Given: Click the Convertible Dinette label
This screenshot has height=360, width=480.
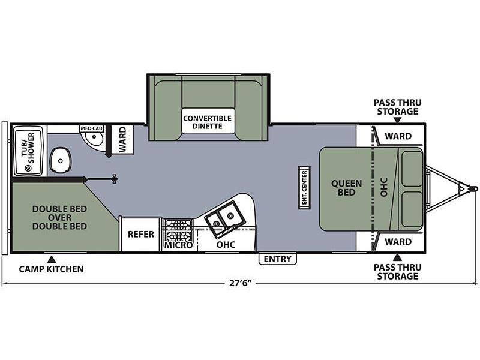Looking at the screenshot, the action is (207, 122).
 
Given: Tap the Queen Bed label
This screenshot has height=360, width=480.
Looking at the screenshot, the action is (347, 188).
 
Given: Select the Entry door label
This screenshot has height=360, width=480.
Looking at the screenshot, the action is (278, 259).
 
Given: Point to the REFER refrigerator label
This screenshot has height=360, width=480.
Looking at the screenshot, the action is (141, 234).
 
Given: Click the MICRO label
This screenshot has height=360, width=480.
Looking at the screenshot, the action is (178, 245).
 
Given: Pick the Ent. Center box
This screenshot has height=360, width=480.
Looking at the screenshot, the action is (304, 188).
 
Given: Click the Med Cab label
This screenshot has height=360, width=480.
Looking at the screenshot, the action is (91, 128).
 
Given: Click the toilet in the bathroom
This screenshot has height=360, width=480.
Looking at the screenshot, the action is (61, 160).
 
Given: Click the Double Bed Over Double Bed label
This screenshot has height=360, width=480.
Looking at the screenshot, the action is (59, 218).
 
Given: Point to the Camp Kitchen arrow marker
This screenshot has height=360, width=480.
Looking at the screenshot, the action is (52, 259).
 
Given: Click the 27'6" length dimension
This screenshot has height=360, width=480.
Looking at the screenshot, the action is (241, 283).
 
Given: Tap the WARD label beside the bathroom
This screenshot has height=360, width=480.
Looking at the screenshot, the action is (122, 139).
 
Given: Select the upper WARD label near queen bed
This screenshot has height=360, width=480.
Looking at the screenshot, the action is (398, 136).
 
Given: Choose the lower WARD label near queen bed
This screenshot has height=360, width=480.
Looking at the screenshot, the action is (398, 242).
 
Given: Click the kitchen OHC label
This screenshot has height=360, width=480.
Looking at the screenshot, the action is (226, 245).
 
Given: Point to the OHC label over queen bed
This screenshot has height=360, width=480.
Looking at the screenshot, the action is (384, 187).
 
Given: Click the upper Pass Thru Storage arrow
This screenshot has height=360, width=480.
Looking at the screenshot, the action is (397, 121).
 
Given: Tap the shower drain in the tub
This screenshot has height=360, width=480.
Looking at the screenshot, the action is (28, 168).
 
